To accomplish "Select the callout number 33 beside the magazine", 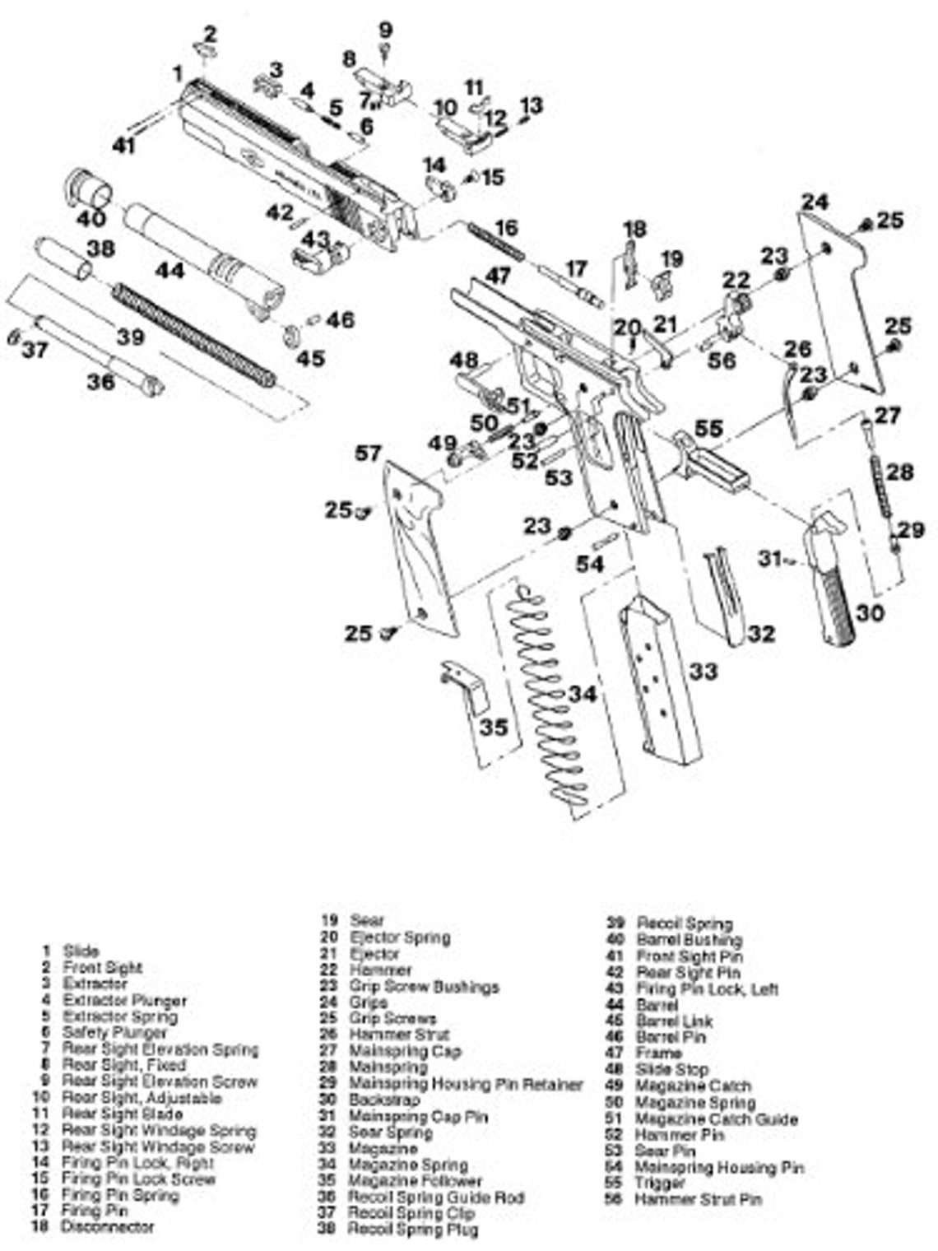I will pyautogui.click(x=703, y=672).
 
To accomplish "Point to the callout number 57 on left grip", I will pyautogui.click(x=369, y=453).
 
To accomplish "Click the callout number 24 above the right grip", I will pyautogui.click(x=815, y=201).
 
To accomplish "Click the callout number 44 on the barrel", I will pyautogui.click(x=171, y=269).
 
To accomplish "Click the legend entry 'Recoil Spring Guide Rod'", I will pyautogui.click(x=436, y=1198).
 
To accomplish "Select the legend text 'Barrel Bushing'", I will pyautogui.click(x=689, y=940).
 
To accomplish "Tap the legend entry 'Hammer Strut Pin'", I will pyautogui.click(x=697, y=1200).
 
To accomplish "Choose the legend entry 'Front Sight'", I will pyautogui.click(x=102, y=968).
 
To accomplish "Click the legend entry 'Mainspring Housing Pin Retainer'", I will pyautogui.click(x=466, y=1084).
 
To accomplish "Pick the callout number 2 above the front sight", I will pyautogui.click(x=211, y=34).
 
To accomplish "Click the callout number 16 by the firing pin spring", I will pyautogui.click(x=507, y=227).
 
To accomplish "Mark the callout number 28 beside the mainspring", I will pyautogui.click(x=900, y=472).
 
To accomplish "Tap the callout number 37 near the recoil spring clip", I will pyautogui.click(x=35, y=350).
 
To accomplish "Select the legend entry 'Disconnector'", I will pyautogui.click(x=107, y=1227).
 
